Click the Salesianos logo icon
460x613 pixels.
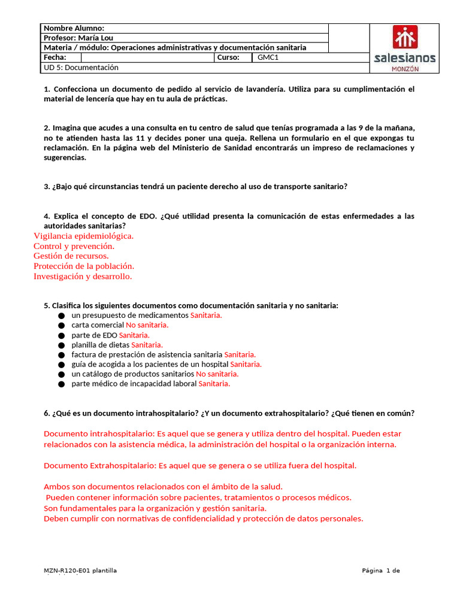[405, 37]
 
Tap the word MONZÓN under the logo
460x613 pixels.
[405, 69]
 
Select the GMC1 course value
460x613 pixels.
[268, 57]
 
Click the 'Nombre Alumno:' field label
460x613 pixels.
[74, 28]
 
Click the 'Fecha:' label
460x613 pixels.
[55, 57]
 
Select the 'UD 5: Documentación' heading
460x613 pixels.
[81, 68]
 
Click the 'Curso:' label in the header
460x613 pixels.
[229, 57]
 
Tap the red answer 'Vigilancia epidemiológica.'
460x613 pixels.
[83, 236]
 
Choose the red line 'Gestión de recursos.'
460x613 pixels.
[71, 256]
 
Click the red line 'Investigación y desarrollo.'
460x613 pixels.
[83, 277]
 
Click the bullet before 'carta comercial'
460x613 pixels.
[61, 326]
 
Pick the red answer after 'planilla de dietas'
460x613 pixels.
[147, 345]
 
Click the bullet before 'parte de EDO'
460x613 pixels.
[61, 335]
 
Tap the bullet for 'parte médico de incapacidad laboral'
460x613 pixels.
[61, 384]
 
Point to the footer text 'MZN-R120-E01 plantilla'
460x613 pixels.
[80, 570]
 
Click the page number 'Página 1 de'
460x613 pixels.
[380, 570]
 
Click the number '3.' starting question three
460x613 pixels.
[47, 186]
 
